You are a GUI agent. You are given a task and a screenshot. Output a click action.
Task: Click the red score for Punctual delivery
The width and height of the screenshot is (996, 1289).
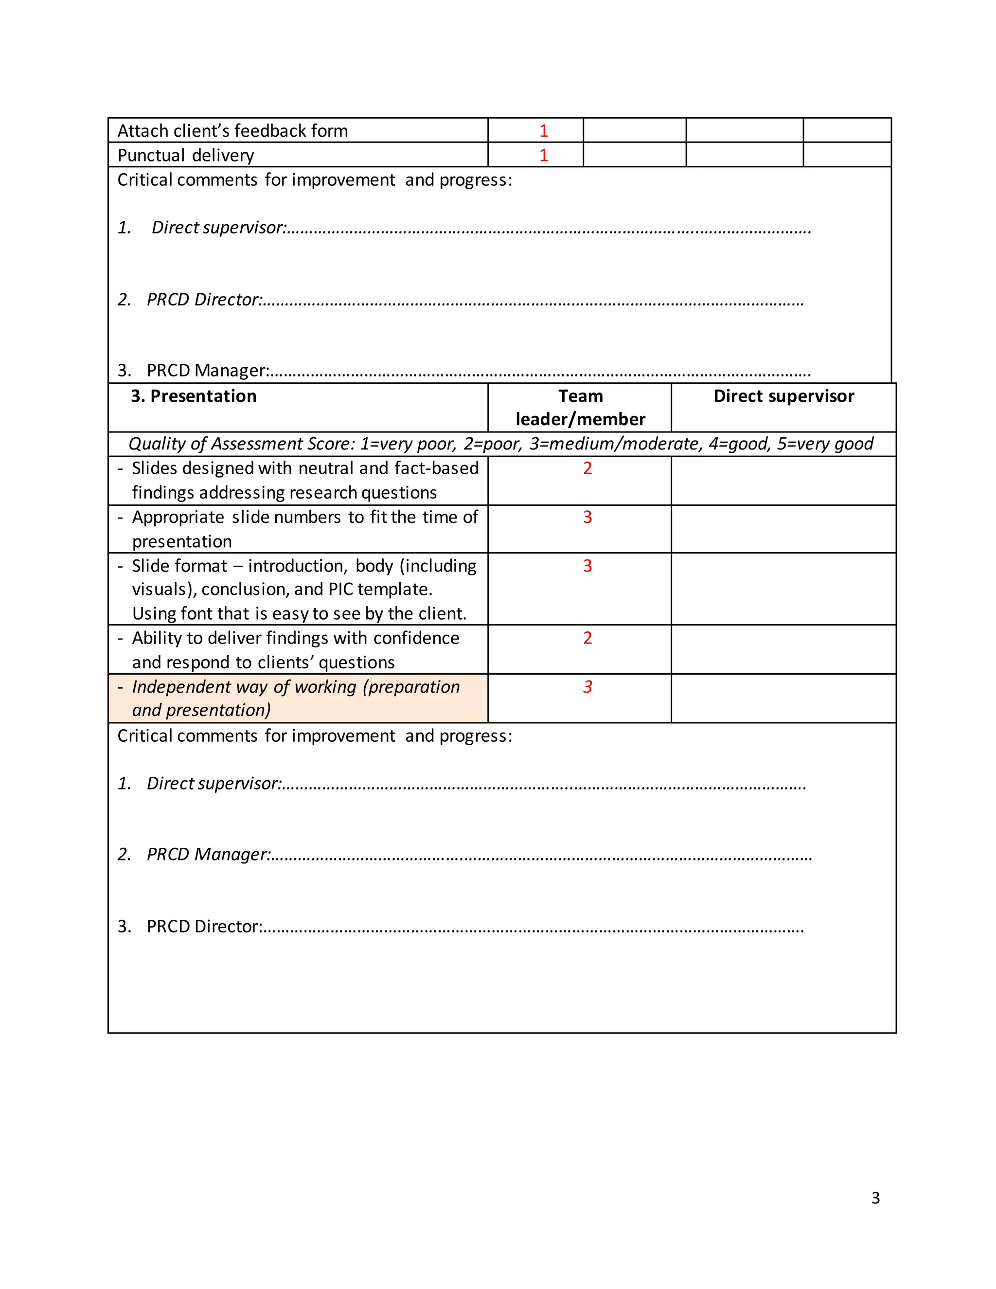tap(543, 155)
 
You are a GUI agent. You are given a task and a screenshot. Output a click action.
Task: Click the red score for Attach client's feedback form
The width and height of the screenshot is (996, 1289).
tap(543, 130)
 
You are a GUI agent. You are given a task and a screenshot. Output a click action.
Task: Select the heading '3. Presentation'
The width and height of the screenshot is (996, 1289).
tap(194, 396)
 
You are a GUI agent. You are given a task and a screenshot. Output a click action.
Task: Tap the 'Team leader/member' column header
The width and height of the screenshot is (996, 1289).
tap(580, 407)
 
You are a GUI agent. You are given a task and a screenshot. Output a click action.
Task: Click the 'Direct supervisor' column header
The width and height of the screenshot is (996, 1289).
tap(783, 396)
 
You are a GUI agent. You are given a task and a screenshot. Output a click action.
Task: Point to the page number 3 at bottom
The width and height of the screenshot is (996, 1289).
tap(875, 1198)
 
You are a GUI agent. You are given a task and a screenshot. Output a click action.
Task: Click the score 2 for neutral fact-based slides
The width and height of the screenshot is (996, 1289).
tap(587, 468)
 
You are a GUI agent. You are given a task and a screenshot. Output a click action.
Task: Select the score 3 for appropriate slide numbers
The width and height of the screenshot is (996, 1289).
tap(587, 517)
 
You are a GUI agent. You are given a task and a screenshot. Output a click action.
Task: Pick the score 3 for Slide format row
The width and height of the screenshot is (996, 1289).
tap(587, 566)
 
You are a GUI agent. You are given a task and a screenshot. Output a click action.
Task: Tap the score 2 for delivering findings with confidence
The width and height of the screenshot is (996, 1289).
tap(587, 638)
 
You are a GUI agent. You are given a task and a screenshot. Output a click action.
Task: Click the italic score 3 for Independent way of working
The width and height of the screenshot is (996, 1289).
tap(587, 687)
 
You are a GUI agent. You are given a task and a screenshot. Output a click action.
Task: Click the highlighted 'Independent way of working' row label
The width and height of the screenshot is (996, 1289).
tap(295, 698)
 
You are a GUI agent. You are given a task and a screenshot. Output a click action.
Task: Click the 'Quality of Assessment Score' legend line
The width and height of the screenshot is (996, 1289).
tap(500, 444)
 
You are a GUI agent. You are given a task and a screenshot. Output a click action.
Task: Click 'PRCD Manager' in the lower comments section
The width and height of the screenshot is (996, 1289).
tap(208, 855)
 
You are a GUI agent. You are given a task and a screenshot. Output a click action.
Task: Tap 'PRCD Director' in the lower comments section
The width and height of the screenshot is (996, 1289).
tap(204, 927)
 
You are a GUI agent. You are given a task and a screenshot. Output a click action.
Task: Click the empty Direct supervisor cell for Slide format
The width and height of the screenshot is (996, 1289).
tap(783, 589)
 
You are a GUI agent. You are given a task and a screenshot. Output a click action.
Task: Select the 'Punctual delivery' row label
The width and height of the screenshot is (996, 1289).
tap(185, 155)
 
